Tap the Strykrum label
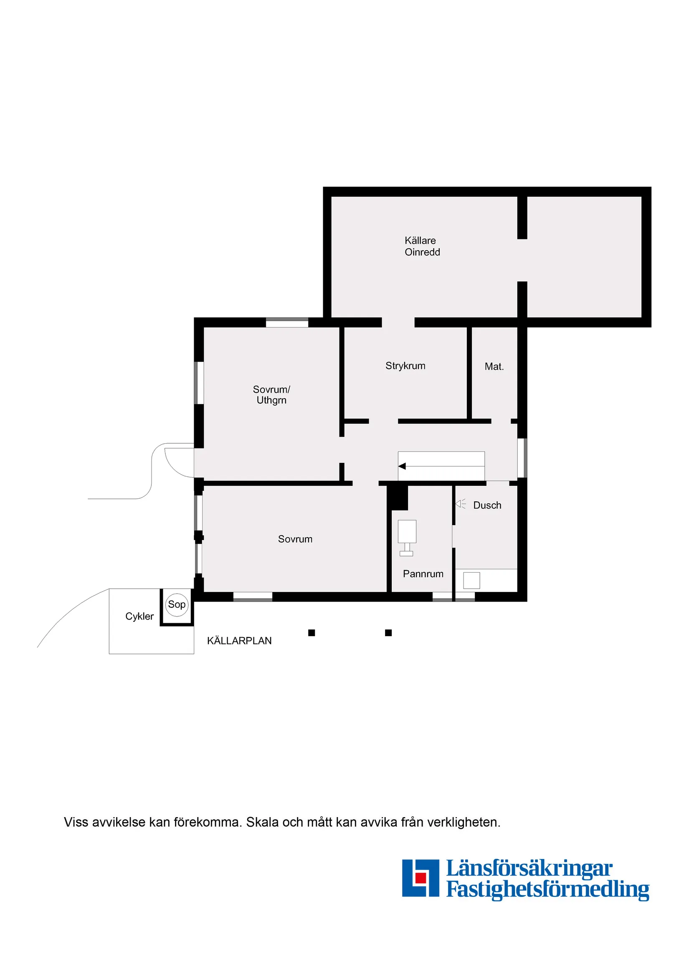405,366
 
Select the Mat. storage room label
494,366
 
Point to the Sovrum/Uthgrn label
271,394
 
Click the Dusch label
487,505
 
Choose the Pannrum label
423,574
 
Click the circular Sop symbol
177,605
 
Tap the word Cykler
139,616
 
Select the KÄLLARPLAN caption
239,641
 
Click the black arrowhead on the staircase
402,466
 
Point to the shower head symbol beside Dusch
460,504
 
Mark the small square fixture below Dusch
471,581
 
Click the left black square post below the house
311,633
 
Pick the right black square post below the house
388,633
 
